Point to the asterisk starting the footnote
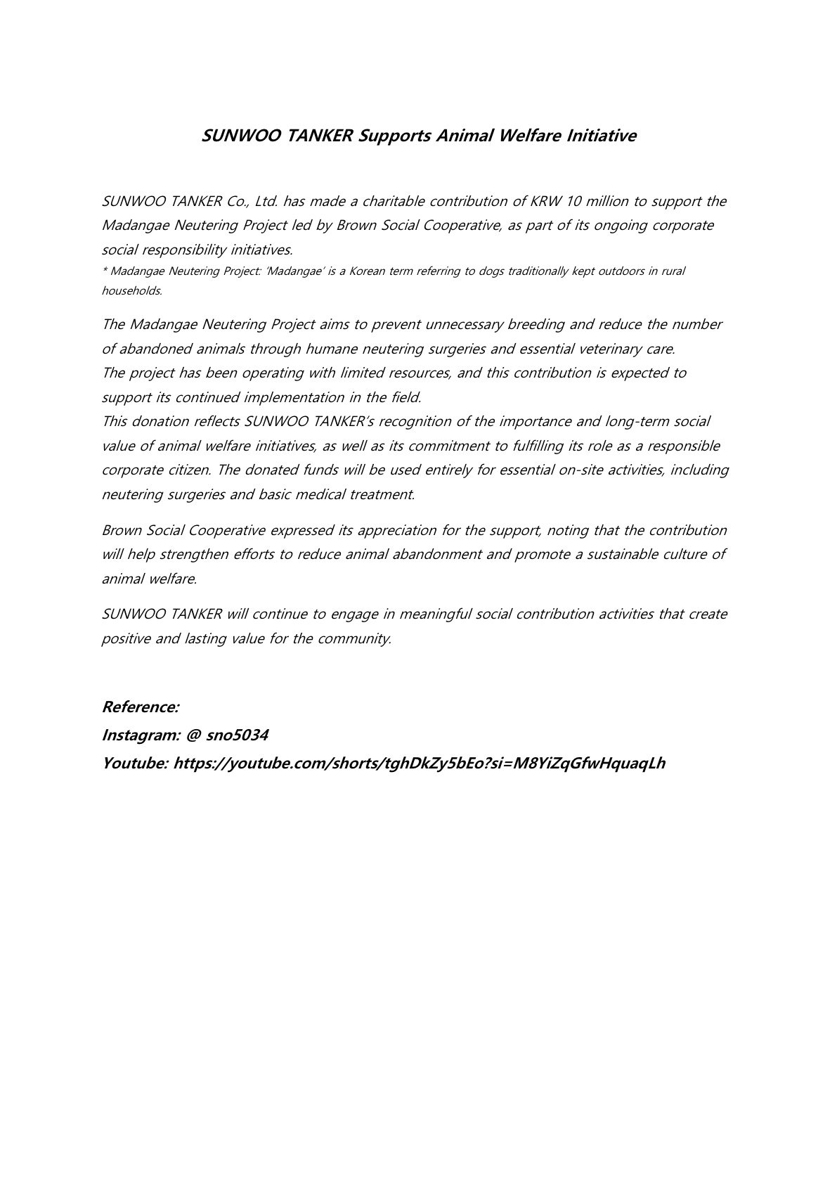click(105, 271)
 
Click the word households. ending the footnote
click(132, 290)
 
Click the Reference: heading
click(141, 707)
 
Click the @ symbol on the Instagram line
click(193, 735)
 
